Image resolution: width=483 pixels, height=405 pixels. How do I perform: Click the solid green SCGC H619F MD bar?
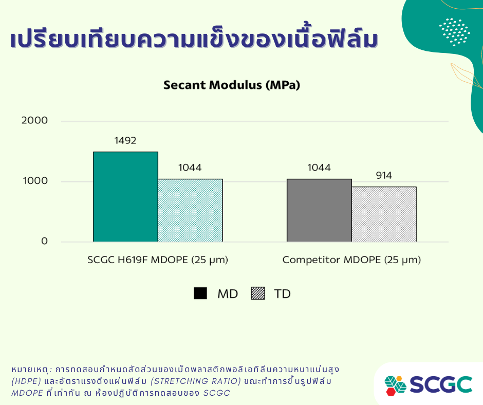pyautogui.click(x=125, y=197)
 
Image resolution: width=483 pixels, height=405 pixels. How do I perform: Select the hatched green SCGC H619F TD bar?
pyautogui.click(x=190, y=210)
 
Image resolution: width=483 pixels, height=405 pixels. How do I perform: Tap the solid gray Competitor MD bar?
pyautogui.click(x=319, y=210)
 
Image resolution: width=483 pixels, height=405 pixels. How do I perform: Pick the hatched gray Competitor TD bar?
pyautogui.click(x=384, y=214)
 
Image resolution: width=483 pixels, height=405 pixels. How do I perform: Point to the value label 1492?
pyautogui.click(x=125, y=140)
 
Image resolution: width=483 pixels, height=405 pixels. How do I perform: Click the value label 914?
pyautogui.click(x=384, y=175)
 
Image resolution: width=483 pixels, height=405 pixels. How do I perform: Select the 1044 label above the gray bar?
pyautogui.click(x=319, y=168)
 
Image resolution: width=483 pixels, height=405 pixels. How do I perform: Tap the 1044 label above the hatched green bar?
pyautogui.click(x=190, y=168)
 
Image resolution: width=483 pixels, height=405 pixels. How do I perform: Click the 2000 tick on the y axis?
pyautogui.click(x=34, y=120)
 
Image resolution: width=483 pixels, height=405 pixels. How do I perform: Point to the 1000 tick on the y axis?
pyautogui.click(x=35, y=180)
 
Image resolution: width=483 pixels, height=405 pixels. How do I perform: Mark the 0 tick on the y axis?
pyautogui.click(x=44, y=241)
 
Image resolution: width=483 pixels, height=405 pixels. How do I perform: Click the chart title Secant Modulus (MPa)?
pyautogui.click(x=232, y=85)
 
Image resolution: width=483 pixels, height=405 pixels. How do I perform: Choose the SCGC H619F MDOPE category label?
pyautogui.click(x=158, y=260)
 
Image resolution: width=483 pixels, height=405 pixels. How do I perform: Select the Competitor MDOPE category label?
pyautogui.click(x=351, y=260)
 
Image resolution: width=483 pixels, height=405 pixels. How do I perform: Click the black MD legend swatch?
pyautogui.click(x=200, y=293)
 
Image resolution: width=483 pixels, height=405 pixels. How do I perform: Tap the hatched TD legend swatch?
pyautogui.click(x=258, y=293)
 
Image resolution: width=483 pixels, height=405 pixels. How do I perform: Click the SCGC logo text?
pyautogui.click(x=441, y=384)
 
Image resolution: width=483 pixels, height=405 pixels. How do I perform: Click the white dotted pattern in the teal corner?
pyautogui.click(x=455, y=32)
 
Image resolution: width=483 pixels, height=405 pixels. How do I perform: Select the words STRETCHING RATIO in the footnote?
pyautogui.click(x=196, y=381)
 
